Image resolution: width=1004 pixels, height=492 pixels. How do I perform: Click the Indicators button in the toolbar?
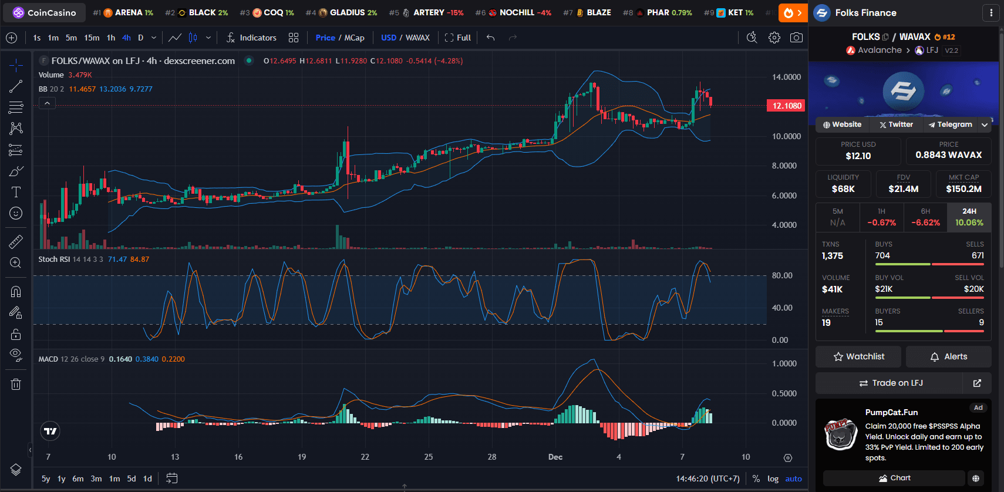tap(251, 38)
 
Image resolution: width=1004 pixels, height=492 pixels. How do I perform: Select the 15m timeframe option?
tap(92, 38)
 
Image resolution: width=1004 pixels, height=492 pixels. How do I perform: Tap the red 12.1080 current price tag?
tap(786, 106)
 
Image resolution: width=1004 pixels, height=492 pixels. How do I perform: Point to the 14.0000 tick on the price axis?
tap(786, 77)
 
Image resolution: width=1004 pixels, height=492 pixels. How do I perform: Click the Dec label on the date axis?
tap(555, 457)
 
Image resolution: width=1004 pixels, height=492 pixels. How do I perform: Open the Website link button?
tap(842, 124)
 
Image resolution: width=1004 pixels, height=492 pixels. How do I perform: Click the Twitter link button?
tap(896, 124)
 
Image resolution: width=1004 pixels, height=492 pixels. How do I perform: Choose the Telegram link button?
tap(950, 124)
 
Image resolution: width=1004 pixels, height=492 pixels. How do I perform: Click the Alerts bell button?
tap(949, 356)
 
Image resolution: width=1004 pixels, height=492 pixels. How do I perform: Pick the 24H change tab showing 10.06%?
tap(969, 217)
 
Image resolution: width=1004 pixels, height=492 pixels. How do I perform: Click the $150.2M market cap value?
tap(963, 189)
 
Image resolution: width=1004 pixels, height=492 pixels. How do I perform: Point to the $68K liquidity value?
tap(843, 189)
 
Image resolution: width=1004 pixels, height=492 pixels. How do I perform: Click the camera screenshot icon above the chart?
tap(796, 38)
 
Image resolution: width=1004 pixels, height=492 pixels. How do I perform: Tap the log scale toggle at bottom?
tap(773, 478)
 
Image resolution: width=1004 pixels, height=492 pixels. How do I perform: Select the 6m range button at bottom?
tap(78, 478)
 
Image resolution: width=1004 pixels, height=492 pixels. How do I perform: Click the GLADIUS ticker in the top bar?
tap(348, 12)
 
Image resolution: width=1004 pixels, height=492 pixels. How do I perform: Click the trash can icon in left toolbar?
tap(16, 385)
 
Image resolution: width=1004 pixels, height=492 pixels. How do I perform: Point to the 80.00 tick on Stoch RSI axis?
tap(782, 275)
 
